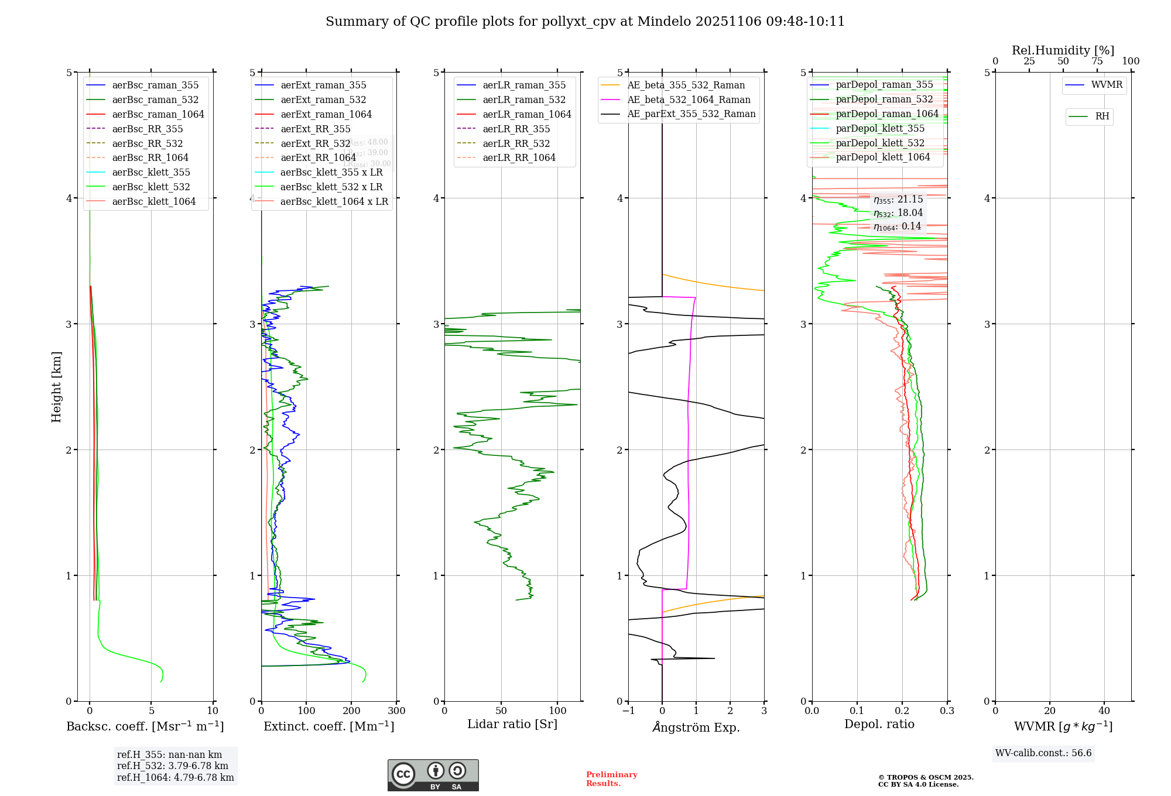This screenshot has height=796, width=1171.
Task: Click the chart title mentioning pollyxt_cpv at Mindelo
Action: (585, 22)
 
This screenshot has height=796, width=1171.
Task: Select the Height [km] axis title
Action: (56, 386)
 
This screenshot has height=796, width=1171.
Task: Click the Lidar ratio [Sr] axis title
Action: (512, 724)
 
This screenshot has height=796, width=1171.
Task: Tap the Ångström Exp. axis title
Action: (696, 727)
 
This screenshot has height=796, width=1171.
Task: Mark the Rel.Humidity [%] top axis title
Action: (1063, 50)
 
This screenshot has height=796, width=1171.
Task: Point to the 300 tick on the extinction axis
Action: (396, 711)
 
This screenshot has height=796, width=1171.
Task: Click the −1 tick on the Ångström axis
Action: (628, 711)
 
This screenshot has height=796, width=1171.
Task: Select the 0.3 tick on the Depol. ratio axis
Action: (947, 711)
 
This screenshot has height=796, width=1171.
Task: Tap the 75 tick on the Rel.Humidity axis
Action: (1097, 61)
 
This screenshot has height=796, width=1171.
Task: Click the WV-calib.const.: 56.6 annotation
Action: (1043, 753)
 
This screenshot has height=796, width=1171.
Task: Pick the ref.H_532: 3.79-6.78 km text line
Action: (173, 766)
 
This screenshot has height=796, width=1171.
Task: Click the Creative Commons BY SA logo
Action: (433, 775)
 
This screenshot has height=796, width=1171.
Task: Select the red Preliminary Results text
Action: (611, 778)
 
